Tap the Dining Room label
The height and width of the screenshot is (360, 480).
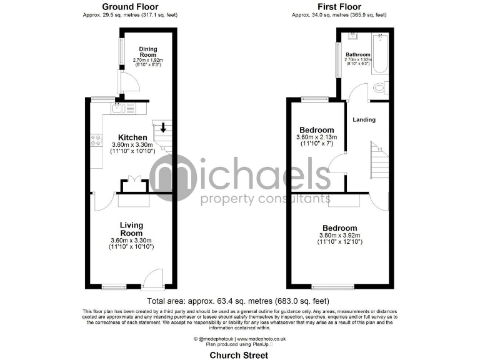click(148, 51)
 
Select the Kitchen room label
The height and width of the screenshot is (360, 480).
click(133, 137)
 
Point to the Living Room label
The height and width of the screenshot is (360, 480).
click(132, 229)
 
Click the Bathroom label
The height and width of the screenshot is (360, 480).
click(358, 55)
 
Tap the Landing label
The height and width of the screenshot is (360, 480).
click(364, 119)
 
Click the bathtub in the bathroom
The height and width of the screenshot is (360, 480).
click(379, 56)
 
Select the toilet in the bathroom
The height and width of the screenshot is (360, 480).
click(379, 89)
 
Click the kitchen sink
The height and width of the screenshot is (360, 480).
click(119, 109)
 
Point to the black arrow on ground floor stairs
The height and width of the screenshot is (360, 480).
click(163, 128)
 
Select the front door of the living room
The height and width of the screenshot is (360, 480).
click(152, 279)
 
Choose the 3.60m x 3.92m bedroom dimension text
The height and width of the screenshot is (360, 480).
click(339, 236)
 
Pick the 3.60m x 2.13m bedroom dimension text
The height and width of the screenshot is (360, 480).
click(316, 137)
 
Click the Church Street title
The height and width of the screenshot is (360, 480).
click(239, 355)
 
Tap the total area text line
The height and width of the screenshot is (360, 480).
click(239, 300)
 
